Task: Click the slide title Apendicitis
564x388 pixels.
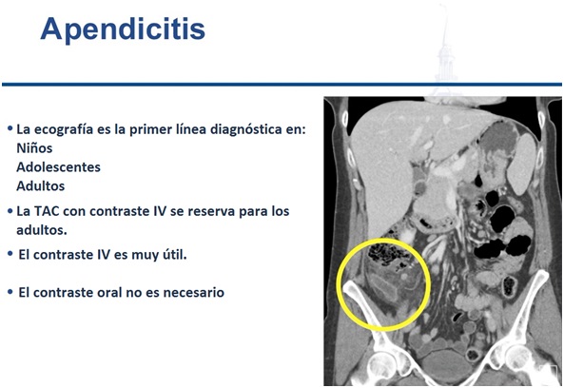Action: click(123, 29)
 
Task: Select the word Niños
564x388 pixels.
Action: click(34, 148)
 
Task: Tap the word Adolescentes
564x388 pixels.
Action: click(58, 167)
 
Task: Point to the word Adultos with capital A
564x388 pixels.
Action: click(41, 186)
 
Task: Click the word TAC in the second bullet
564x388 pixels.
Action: click(48, 211)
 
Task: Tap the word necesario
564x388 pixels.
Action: click(193, 292)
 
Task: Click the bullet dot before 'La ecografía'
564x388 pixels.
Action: click(10, 128)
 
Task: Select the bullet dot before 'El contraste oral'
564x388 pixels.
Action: click(10, 292)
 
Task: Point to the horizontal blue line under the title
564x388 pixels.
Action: click(282, 85)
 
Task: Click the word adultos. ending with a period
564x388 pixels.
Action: click(42, 230)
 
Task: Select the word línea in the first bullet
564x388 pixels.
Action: click(189, 128)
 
